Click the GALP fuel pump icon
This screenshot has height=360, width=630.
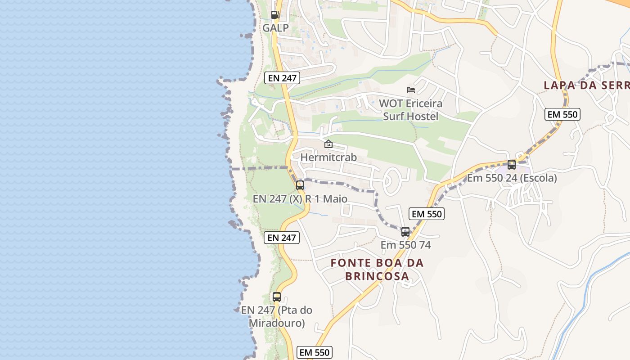click(275, 15)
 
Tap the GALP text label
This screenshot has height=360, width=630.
click(275, 28)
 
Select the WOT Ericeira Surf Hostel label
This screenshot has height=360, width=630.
click(410, 110)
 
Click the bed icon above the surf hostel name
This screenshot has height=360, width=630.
click(410, 90)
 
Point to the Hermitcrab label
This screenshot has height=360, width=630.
click(328, 157)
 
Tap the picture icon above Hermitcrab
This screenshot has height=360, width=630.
click(328, 144)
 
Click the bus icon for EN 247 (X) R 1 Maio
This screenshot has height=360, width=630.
click(300, 185)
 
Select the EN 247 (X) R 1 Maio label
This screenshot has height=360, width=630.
click(300, 198)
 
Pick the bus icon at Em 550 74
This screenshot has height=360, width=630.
click(405, 232)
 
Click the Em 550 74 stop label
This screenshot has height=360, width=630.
click(405, 245)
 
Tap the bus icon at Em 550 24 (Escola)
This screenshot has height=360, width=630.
click(512, 165)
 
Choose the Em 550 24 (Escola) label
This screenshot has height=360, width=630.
click(512, 178)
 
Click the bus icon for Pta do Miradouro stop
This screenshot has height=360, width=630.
click(277, 297)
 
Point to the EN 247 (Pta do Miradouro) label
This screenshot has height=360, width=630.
click(277, 316)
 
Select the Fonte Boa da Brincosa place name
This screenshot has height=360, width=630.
click(377, 269)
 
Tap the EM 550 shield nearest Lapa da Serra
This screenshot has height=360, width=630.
click(562, 114)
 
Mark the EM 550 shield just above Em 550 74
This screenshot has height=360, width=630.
click(427, 214)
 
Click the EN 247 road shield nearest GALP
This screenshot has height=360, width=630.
click(282, 78)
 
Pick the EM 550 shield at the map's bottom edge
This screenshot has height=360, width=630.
click(315, 352)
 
